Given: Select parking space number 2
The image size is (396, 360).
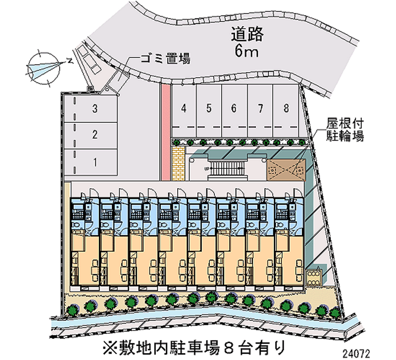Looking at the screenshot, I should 94,134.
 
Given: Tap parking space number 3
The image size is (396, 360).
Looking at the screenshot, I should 94,108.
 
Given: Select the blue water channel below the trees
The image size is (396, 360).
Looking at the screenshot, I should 198,325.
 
